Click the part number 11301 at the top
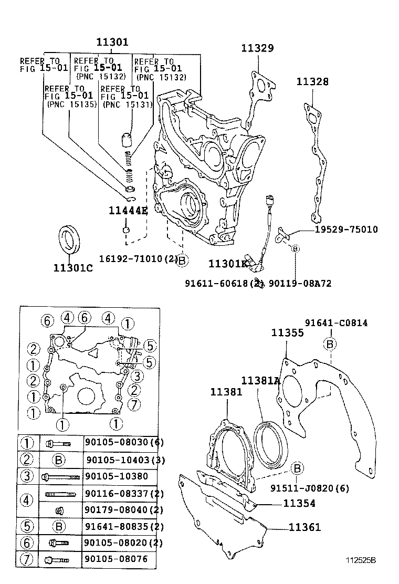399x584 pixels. click(112, 42)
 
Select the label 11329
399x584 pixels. click(257, 48)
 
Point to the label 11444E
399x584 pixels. click(128, 211)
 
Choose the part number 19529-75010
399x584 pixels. click(346, 230)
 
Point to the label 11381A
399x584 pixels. click(260, 380)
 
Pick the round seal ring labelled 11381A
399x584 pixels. click(270, 442)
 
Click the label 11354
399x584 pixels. click(299, 503)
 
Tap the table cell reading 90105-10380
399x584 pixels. click(116, 476)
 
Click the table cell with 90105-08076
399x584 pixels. click(116, 559)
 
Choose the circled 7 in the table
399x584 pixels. click(26, 559)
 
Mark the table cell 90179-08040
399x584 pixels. click(120, 509)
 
